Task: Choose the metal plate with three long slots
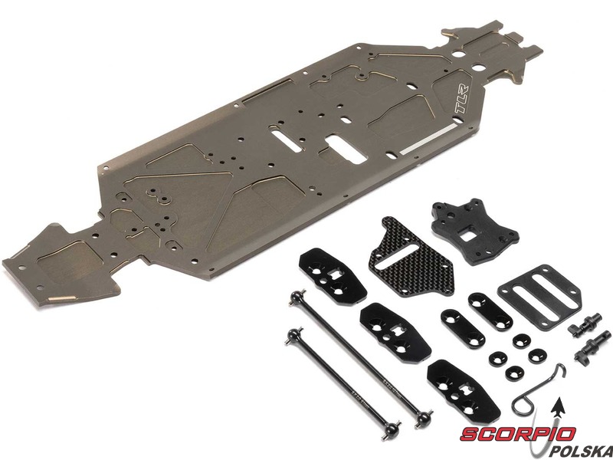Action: tap(540, 293)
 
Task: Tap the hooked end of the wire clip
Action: tap(560, 370)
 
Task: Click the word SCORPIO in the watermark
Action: tap(517, 434)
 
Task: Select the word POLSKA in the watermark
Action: tap(581, 451)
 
